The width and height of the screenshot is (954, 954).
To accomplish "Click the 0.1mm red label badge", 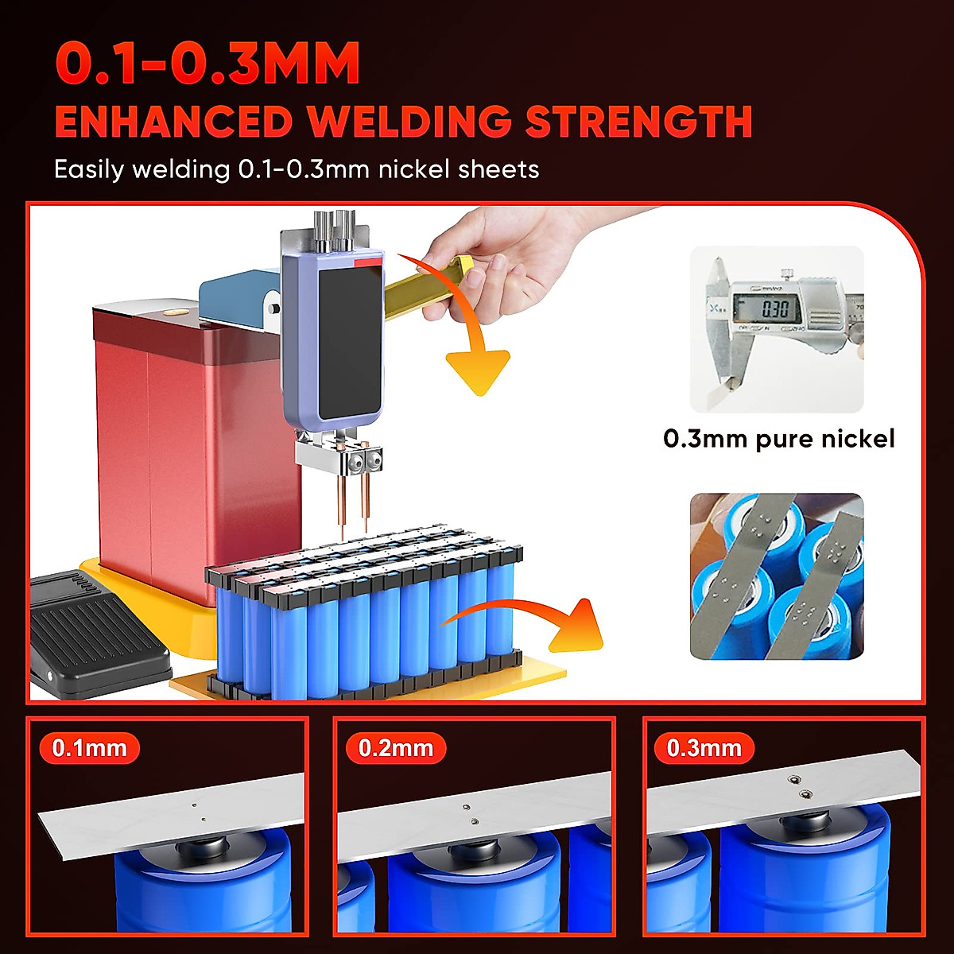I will [x=89, y=748].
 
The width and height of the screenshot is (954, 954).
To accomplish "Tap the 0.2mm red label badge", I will [x=396, y=748].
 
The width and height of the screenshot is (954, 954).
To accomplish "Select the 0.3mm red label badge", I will [x=704, y=748].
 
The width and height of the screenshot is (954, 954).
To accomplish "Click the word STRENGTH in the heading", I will [x=638, y=122].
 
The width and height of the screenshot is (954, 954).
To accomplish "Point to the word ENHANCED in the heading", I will [x=173, y=122].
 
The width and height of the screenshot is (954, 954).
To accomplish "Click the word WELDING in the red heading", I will [x=409, y=122].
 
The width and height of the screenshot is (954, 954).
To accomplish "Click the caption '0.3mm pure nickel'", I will [x=778, y=439].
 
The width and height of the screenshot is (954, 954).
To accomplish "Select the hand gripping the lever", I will [x=509, y=254].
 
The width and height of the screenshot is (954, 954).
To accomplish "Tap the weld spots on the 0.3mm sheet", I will [x=800, y=788].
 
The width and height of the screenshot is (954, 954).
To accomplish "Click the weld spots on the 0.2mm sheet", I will [x=470, y=814].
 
